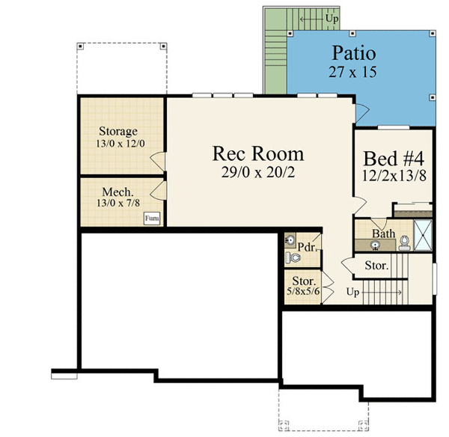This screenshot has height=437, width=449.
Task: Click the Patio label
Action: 353,55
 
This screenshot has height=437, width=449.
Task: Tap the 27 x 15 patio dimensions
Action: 352,73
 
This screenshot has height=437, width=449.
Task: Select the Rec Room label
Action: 258,154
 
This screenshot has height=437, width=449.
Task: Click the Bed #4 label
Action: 394,159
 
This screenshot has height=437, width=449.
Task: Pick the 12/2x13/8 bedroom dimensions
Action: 394,177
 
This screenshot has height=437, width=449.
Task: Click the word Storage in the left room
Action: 118,132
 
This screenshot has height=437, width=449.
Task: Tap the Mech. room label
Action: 117,190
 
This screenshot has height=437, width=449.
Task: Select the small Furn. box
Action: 153,218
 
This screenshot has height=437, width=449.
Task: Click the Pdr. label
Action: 305,247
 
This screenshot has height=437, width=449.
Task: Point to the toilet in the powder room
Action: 293,258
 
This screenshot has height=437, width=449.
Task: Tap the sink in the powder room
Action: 290,240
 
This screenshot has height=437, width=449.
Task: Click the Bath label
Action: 384,233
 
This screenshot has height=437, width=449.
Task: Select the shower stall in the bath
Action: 424,233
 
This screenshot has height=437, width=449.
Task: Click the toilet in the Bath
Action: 404,242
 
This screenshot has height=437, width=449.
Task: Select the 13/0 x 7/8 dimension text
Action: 118,202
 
